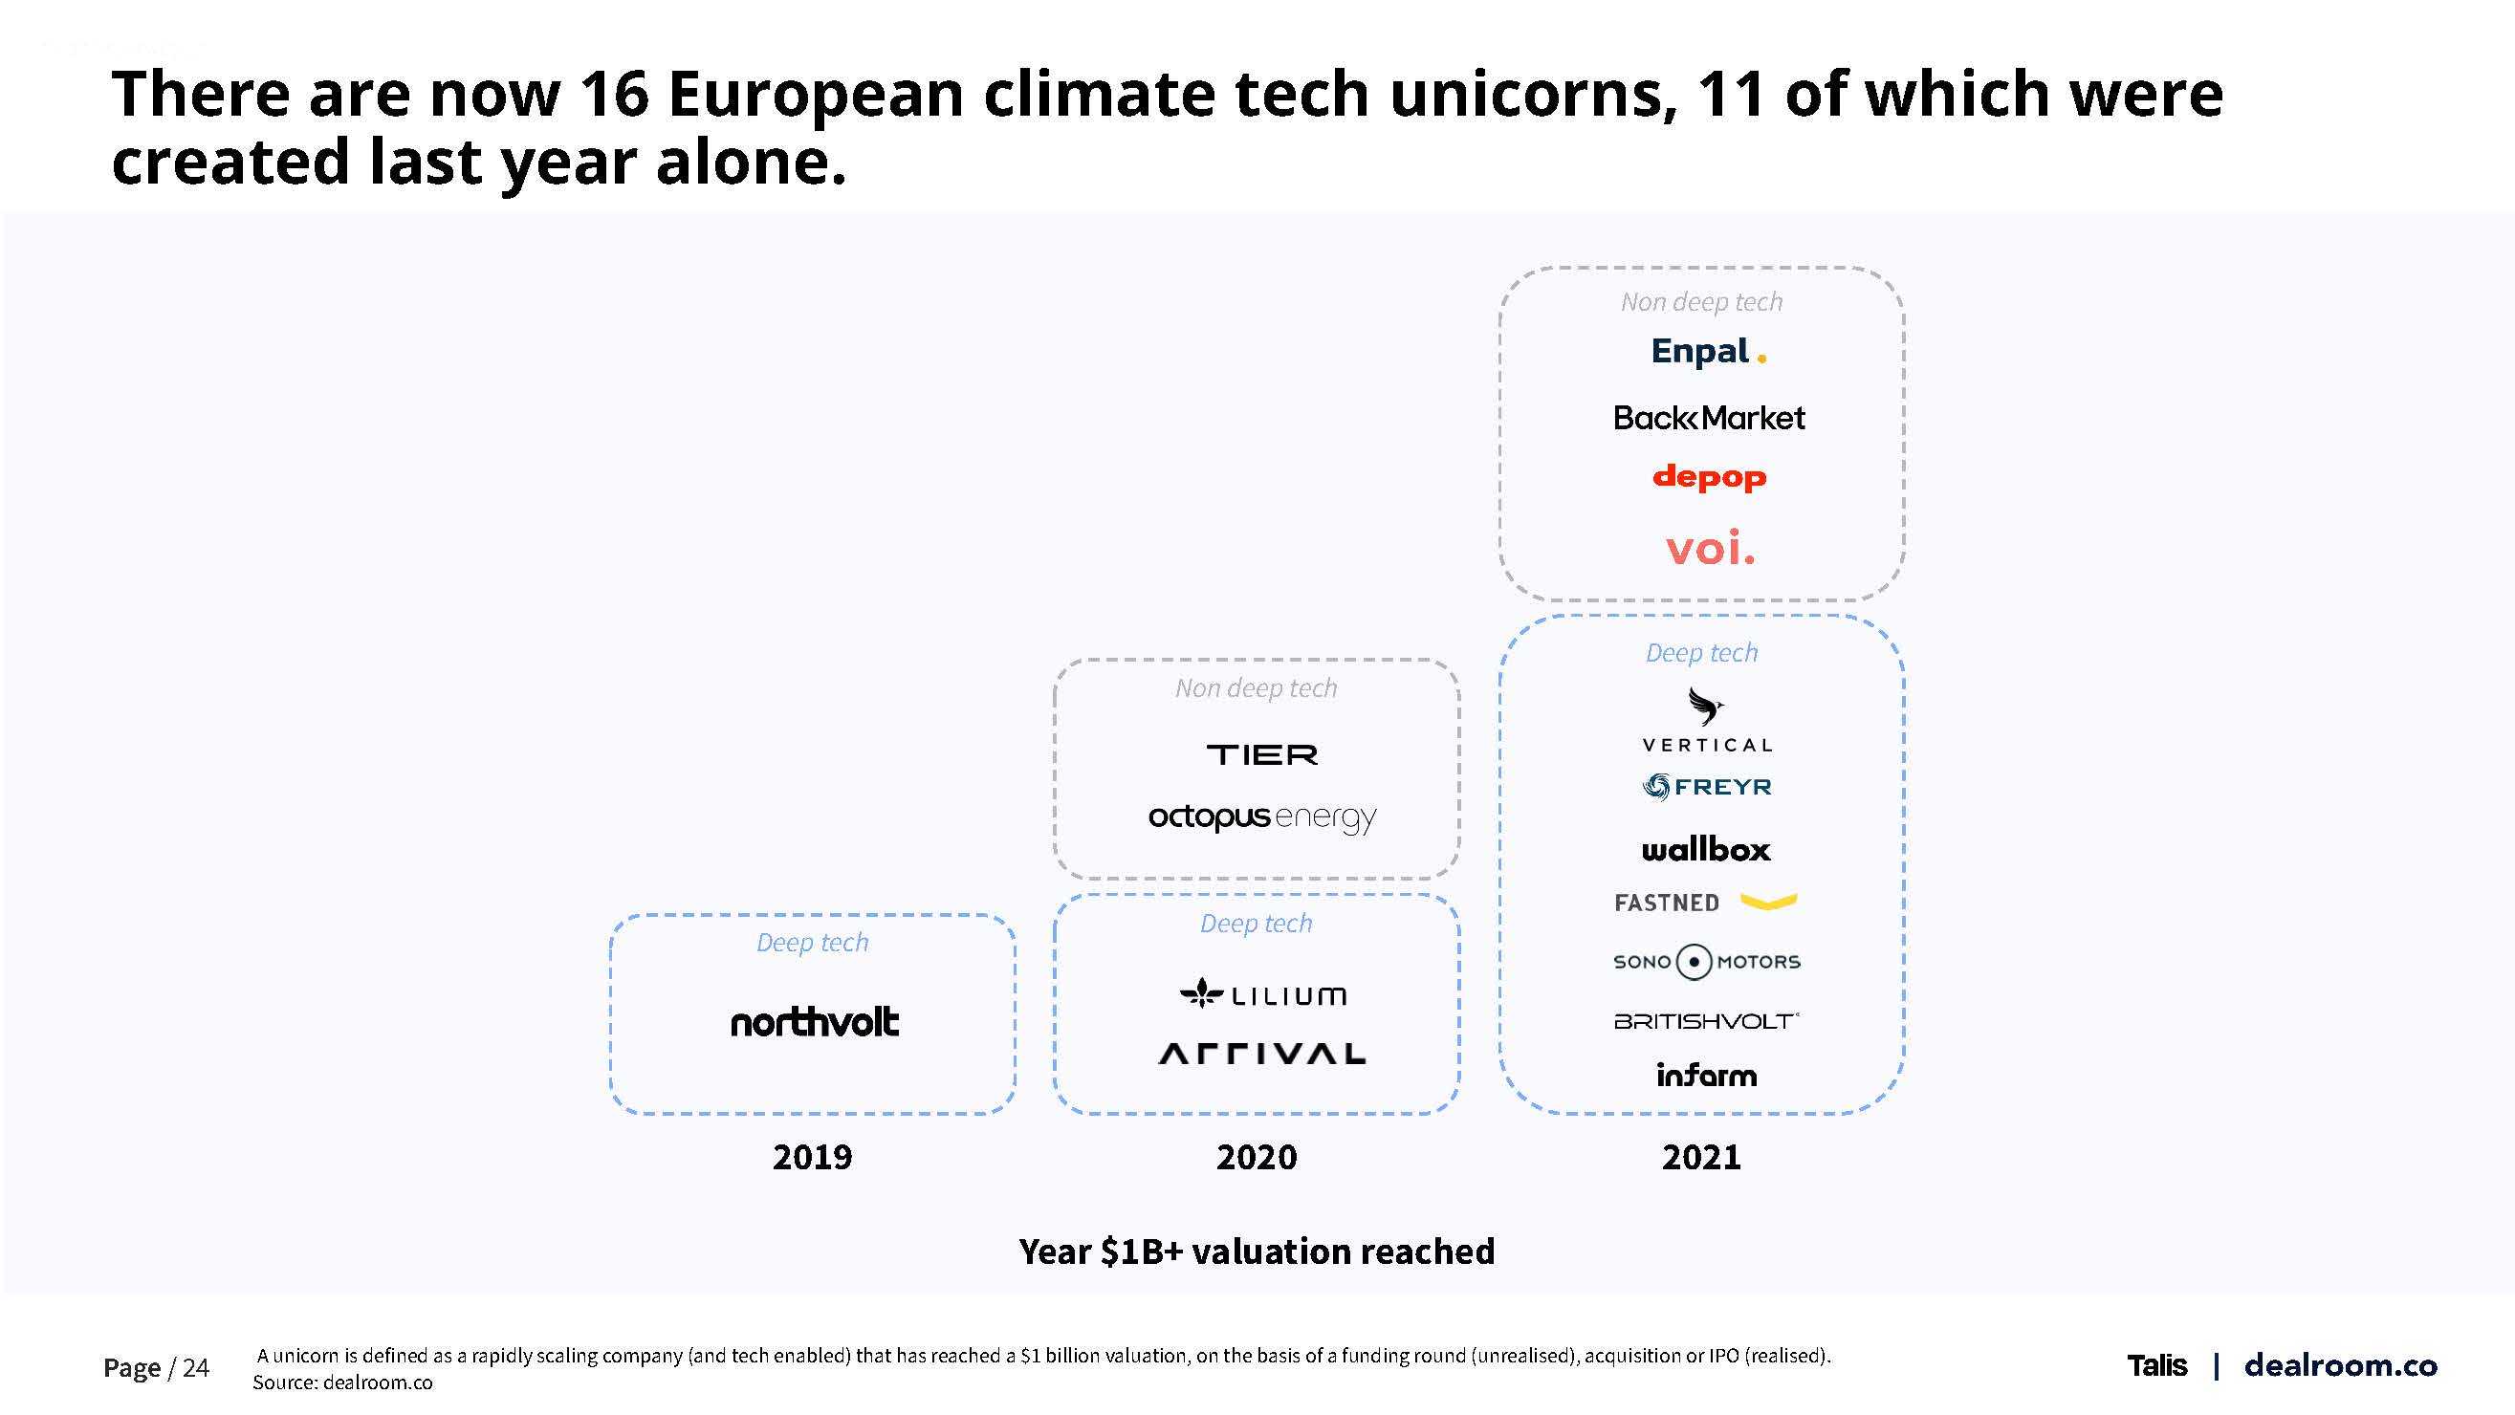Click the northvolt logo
tap(814, 1022)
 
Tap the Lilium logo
tap(1262, 994)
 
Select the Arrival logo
tap(1261, 1054)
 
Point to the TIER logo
tap(1261, 754)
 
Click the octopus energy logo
tap(1261, 816)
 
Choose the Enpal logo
tap(1708, 351)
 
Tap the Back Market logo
tap(1709, 418)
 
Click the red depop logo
tap(1709, 477)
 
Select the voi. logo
tap(1710, 549)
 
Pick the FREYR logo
tap(1707, 787)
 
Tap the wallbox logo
tap(1706, 849)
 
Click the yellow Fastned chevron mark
tap(1768, 902)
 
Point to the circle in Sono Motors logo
tap(1694, 962)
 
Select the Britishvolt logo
tap(1706, 1021)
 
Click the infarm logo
tap(1706, 1076)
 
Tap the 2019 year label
tap(812, 1158)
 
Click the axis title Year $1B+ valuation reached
tap(1257, 1252)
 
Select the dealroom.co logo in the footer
tap(2340, 1365)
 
